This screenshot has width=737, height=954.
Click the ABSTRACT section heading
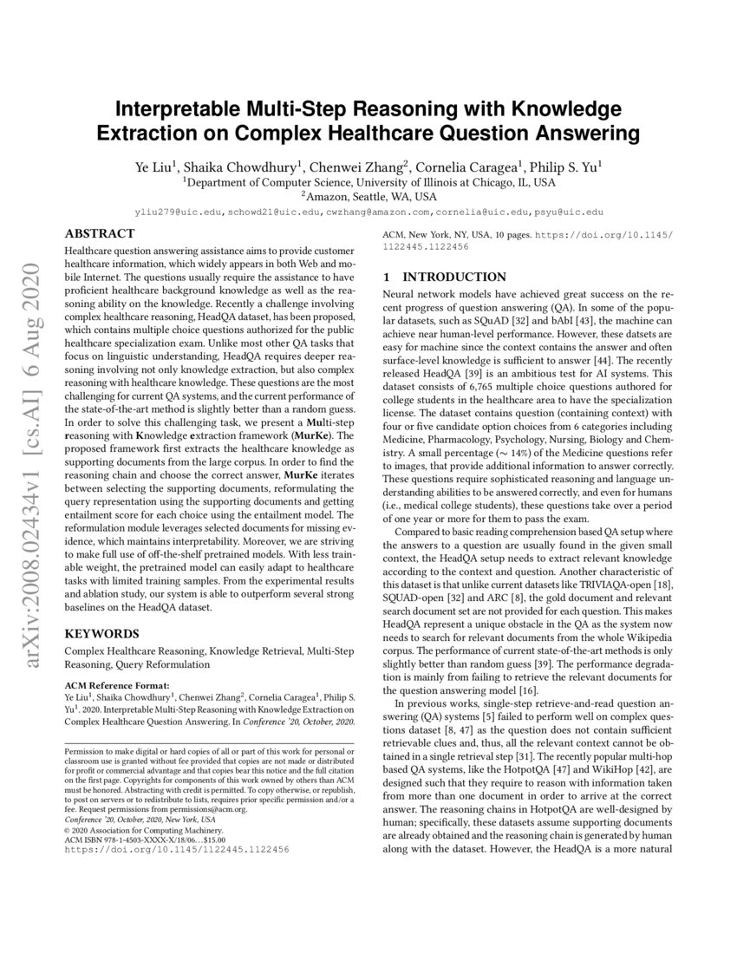pyautogui.click(x=100, y=233)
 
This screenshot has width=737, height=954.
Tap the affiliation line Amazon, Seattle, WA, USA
pyautogui.click(x=368, y=197)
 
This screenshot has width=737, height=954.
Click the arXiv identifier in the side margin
pyautogui.click(x=35, y=468)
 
